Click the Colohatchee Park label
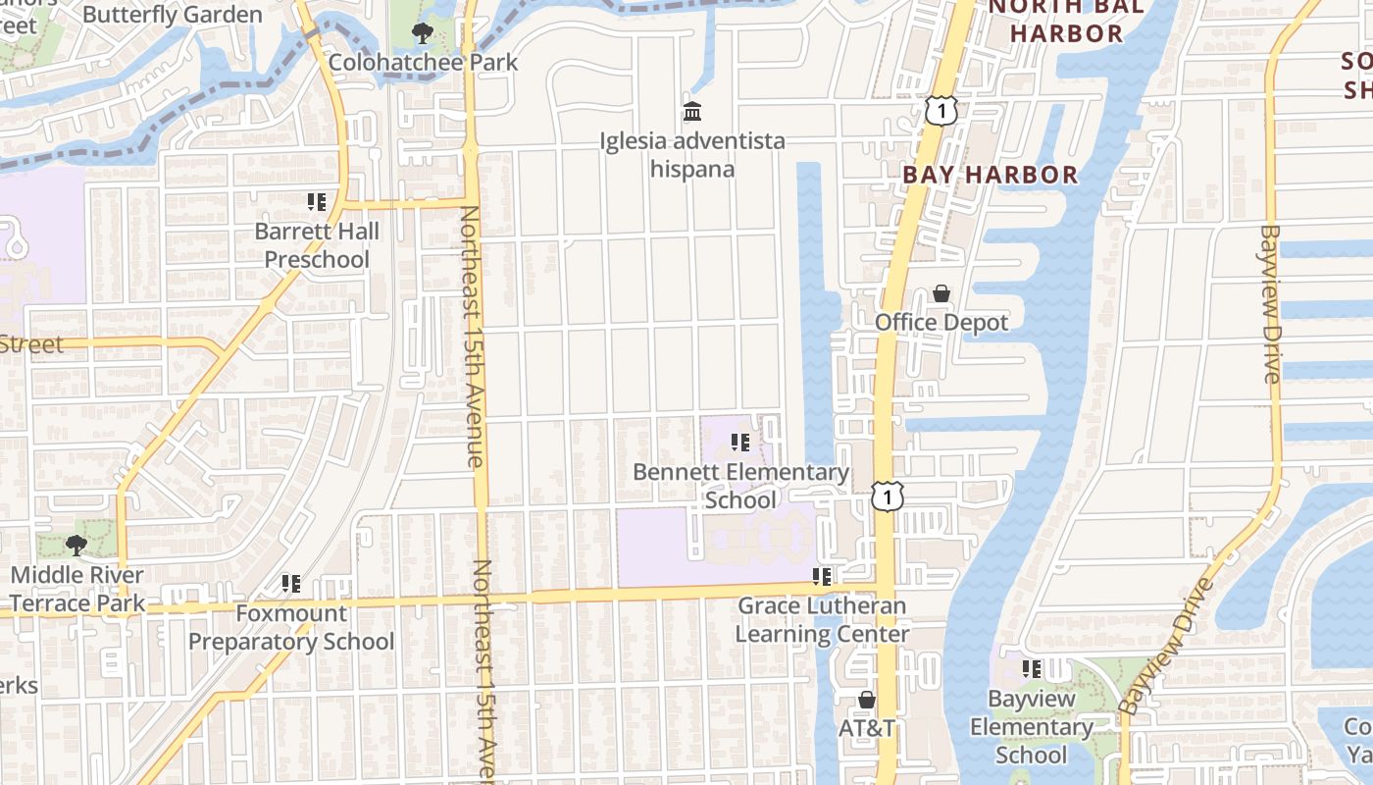(x=423, y=62)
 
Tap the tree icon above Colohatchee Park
(x=423, y=34)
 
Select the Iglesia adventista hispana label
(x=692, y=155)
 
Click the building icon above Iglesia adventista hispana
(x=692, y=111)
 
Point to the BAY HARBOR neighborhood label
(x=990, y=176)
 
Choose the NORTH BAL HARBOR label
(x=1066, y=21)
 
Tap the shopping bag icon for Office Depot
(x=941, y=293)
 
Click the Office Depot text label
(x=941, y=323)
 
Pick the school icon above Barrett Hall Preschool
(x=317, y=202)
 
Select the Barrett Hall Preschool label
(x=317, y=245)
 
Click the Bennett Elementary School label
(x=741, y=486)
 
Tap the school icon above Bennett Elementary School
(x=740, y=443)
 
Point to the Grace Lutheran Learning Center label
(x=822, y=620)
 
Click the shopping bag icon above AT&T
(x=867, y=700)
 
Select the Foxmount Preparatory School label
(x=291, y=628)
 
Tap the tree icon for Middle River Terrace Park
(x=76, y=546)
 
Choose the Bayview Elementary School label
(x=1031, y=727)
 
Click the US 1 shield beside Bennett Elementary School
(x=888, y=497)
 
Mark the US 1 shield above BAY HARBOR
(x=941, y=111)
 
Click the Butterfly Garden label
(x=173, y=15)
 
